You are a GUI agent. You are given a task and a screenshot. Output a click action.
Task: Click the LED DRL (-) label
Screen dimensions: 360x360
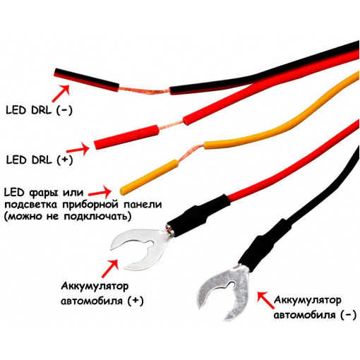point(39,110)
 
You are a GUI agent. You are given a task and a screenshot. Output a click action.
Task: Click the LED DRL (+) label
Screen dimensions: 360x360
point(40,160)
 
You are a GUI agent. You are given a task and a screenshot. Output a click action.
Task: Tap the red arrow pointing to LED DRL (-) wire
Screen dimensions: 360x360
point(61,93)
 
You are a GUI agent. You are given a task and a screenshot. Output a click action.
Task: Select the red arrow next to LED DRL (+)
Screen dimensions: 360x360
point(78,149)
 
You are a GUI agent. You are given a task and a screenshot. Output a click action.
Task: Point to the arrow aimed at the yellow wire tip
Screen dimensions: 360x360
point(100,191)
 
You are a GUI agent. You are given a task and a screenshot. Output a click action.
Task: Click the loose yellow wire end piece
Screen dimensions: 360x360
point(149,176)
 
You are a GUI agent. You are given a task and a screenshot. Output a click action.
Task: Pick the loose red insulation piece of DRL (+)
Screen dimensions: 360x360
point(126,137)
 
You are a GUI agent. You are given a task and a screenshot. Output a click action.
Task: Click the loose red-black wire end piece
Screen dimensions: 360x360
point(86,80)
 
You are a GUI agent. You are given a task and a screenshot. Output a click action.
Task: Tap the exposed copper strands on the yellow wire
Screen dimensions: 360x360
point(191,154)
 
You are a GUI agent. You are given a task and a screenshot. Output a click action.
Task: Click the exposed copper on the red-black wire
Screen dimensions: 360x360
point(144,90)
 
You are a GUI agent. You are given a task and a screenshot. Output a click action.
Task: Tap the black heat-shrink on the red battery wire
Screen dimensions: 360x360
point(198,215)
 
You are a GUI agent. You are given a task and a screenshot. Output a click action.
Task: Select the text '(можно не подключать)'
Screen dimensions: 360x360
point(67,217)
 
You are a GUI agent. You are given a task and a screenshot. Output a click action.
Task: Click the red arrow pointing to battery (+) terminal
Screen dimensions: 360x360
point(110,268)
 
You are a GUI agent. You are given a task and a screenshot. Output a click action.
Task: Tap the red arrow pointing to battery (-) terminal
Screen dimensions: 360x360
point(265,299)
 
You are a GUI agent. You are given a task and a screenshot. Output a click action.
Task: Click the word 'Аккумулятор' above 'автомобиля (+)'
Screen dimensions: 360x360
point(95,287)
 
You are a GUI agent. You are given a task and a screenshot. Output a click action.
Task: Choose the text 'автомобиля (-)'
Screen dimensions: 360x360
point(315,315)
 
